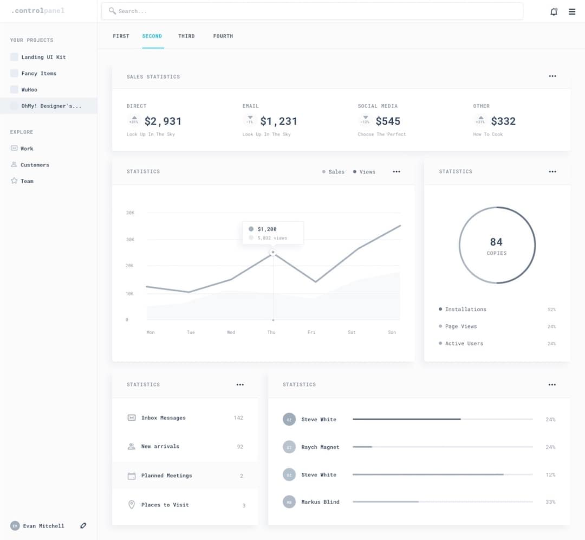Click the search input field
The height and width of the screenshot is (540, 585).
tap(311, 11)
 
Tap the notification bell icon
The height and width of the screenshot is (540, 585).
tap(554, 11)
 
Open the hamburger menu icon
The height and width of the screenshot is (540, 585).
tap(572, 11)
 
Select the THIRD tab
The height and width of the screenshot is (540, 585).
tap(186, 36)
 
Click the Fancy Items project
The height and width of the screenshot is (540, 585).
tap(38, 73)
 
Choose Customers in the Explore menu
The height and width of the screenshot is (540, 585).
tap(35, 165)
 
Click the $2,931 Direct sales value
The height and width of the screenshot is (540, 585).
tap(163, 121)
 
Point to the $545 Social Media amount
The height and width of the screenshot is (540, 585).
tap(388, 121)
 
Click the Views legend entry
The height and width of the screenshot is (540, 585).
tap(367, 172)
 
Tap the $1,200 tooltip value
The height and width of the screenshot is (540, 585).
tap(267, 229)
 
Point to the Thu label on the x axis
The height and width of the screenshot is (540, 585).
tap(271, 332)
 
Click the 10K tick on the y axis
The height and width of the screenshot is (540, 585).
tap(130, 293)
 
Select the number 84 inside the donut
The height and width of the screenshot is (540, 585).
tap(496, 242)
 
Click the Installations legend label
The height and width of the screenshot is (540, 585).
tap(465, 309)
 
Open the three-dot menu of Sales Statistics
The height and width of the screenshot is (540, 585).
tap(552, 76)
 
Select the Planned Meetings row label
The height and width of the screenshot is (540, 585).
tap(166, 475)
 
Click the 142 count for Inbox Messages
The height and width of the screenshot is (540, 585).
tap(238, 418)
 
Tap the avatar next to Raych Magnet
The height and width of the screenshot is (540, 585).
tap(289, 447)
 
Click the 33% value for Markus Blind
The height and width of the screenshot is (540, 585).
tap(550, 502)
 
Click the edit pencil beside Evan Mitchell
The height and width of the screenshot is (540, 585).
tap(83, 525)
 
